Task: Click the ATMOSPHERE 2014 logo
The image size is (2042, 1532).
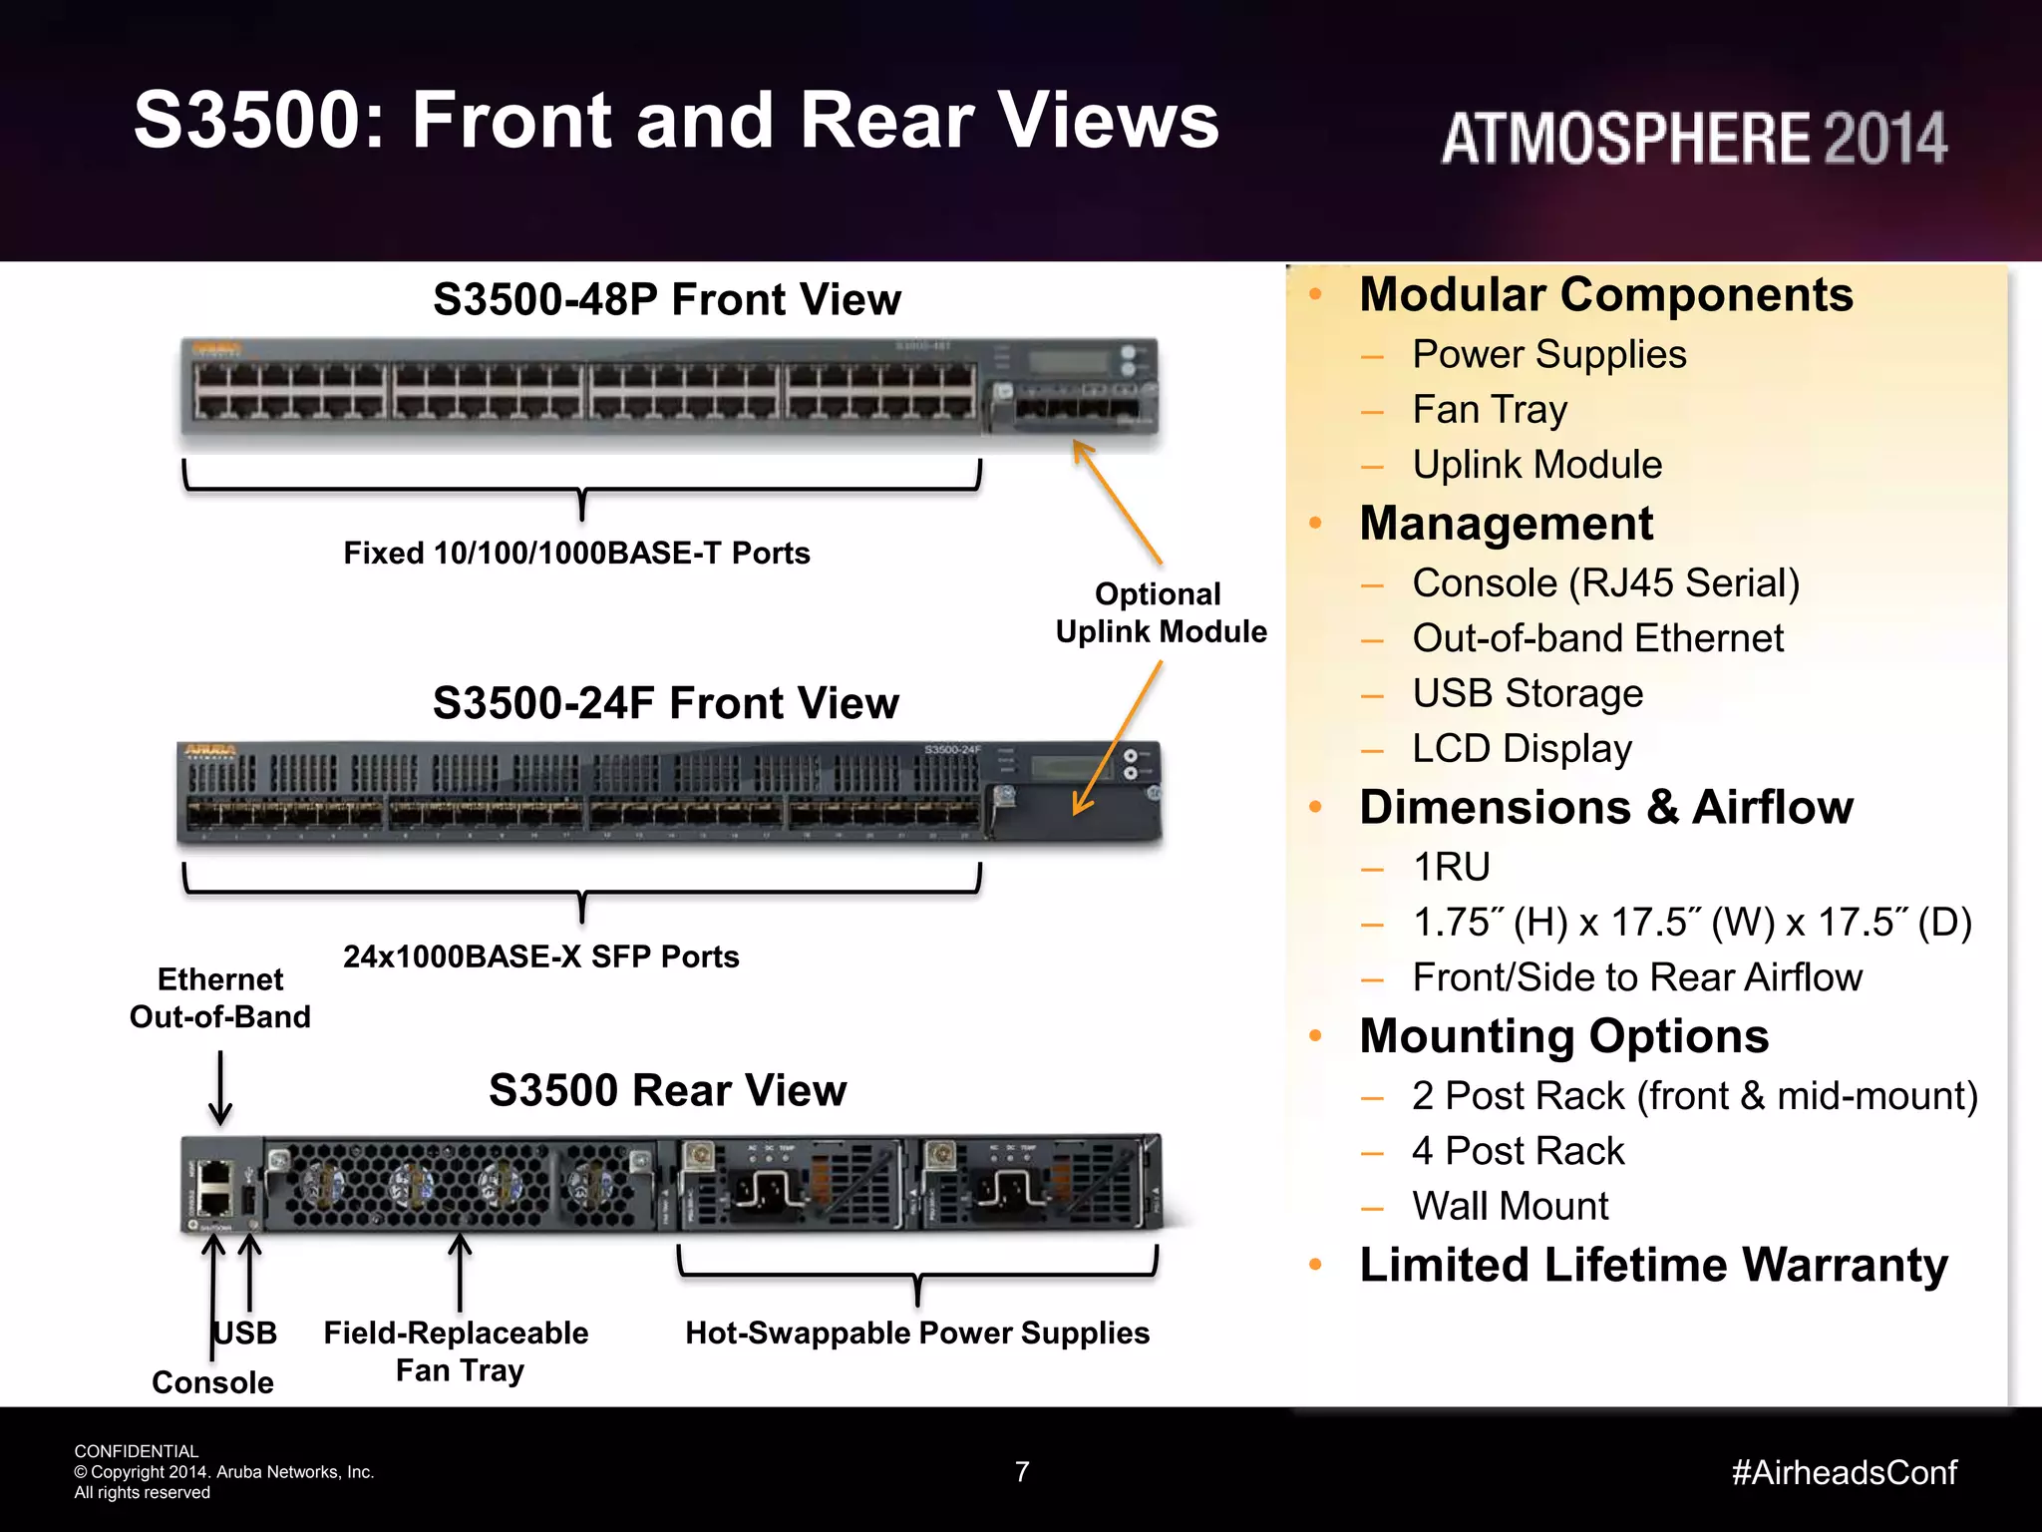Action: coord(1693,138)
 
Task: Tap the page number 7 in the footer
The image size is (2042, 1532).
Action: coord(1022,1471)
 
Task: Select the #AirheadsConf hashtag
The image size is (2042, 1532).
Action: coord(1845,1472)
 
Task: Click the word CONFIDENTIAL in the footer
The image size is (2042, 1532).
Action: coord(137,1451)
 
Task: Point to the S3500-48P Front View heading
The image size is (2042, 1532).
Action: coord(667,299)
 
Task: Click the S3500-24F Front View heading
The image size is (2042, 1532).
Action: coord(666,703)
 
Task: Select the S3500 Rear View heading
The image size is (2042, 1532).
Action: coord(667,1090)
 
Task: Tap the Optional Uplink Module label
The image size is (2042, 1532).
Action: coord(1161,612)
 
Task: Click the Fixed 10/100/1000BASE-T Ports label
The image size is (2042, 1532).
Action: coord(576,553)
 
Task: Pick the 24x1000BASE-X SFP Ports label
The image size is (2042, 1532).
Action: coord(541,957)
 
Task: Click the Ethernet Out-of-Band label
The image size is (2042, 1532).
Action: coord(220,997)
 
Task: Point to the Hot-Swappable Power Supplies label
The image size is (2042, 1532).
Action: coord(917,1333)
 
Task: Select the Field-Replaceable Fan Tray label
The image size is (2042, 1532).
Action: coord(458,1350)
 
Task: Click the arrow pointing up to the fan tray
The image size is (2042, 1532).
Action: coord(460,1272)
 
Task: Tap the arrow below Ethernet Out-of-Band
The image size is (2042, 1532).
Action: coord(220,1088)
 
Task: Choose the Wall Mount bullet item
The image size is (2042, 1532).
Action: coord(1510,1206)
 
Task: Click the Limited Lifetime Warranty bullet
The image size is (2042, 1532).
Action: coord(1653,1265)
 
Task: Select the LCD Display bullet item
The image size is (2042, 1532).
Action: coord(1522,748)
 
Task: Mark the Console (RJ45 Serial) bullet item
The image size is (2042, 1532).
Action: coord(1605,583)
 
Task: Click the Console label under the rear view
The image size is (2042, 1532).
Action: coord(212,1382)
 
